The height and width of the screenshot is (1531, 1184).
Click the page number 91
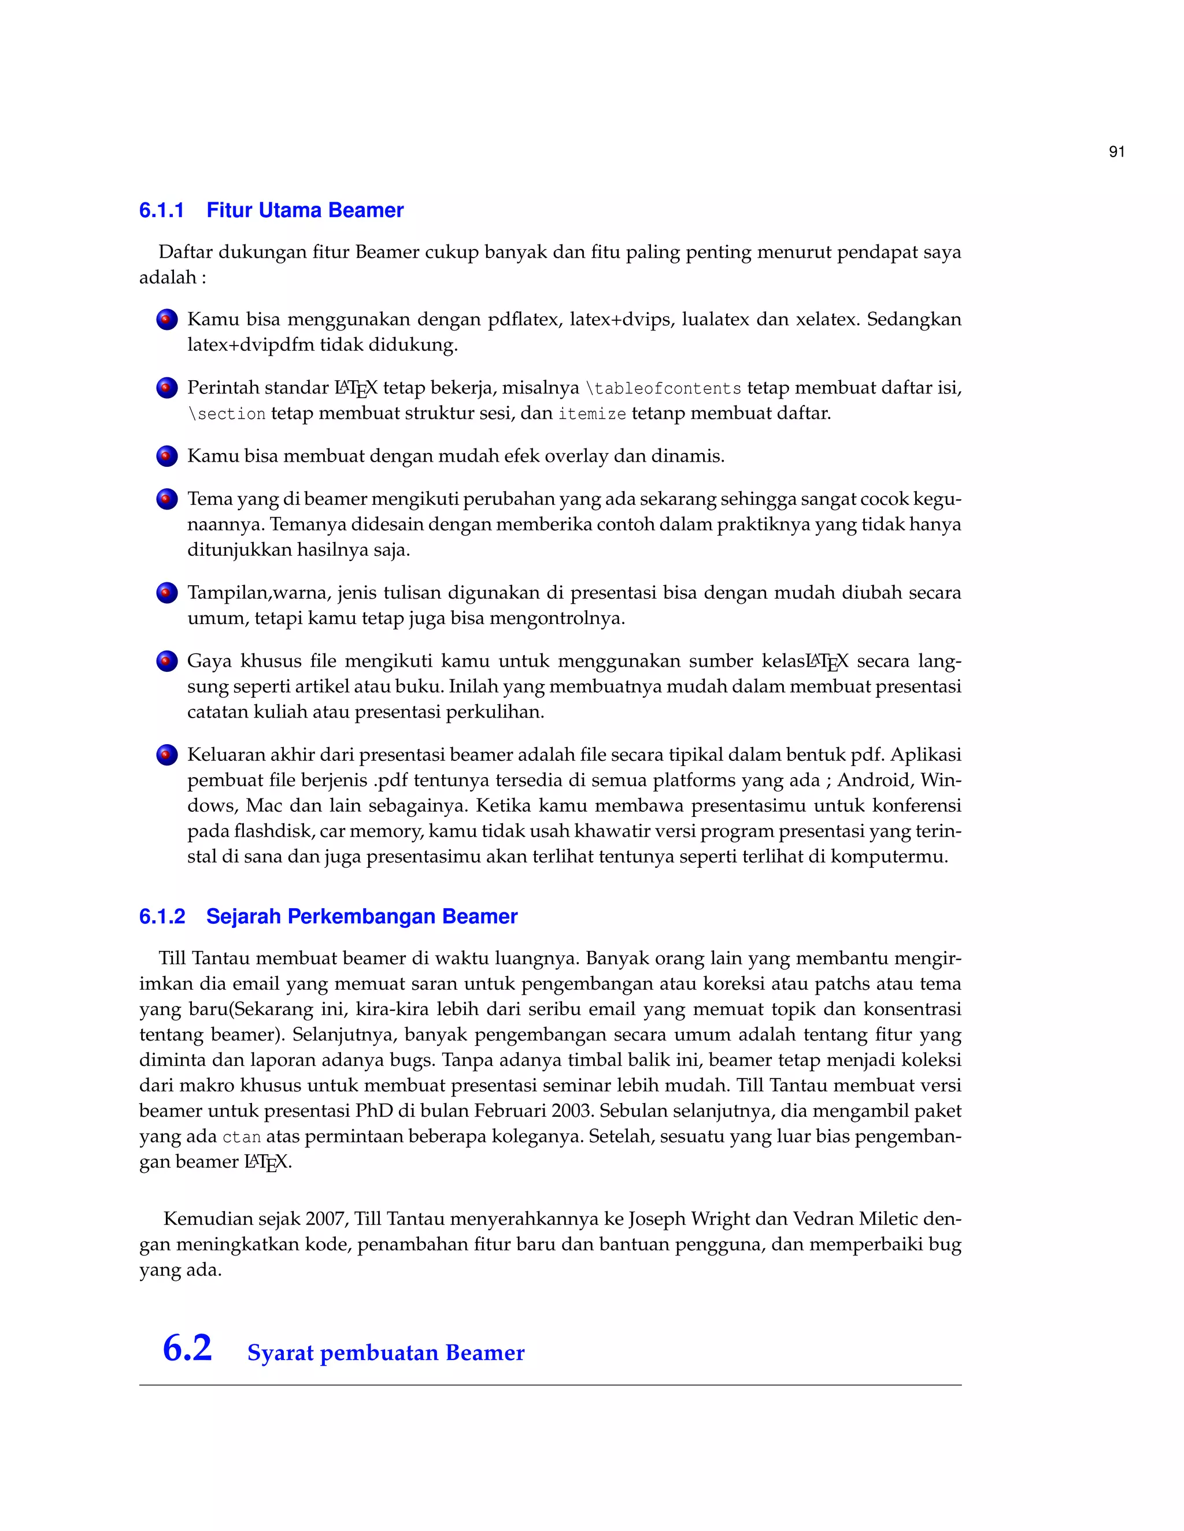coord(1117,152)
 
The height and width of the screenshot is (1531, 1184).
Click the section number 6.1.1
coord(161,210)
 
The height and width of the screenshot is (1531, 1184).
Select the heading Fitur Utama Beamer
coord(305,210)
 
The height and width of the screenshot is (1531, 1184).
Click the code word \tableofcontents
coord(664,389)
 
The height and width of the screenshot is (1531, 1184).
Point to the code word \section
coord(227,414)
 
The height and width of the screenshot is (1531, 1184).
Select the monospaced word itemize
coord(592,414)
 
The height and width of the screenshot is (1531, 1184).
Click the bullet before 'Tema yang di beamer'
coord(167,500)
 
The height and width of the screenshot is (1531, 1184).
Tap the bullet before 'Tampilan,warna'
coord(167,593)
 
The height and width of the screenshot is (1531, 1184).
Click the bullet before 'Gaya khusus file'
coord(167,662)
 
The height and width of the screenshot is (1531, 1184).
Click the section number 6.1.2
coord(162,916)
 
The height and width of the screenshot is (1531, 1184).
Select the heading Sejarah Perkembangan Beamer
coord(362,916)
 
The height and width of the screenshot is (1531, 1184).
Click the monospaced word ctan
coord(241,1137)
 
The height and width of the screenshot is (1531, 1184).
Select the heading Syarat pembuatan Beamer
coord(386,1353)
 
